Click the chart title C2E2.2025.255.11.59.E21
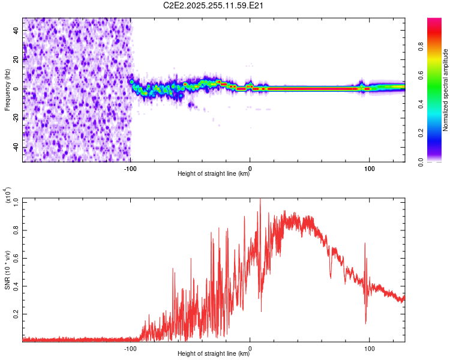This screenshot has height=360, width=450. coord(214,6)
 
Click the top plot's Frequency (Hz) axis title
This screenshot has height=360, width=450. coord(7,90)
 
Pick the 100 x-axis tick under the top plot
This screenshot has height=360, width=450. coord(370,167)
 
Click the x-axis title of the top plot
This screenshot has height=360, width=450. coord(214,174)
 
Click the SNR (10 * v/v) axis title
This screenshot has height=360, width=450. coord(7,270)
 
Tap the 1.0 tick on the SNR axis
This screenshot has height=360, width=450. coord(16,201)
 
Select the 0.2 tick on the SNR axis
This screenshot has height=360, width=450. coord(16,314)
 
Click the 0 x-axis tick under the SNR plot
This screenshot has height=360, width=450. coord(250,347)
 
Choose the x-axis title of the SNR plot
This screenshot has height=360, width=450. coord(214,354)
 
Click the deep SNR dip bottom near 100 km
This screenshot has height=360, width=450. coord(366,323)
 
